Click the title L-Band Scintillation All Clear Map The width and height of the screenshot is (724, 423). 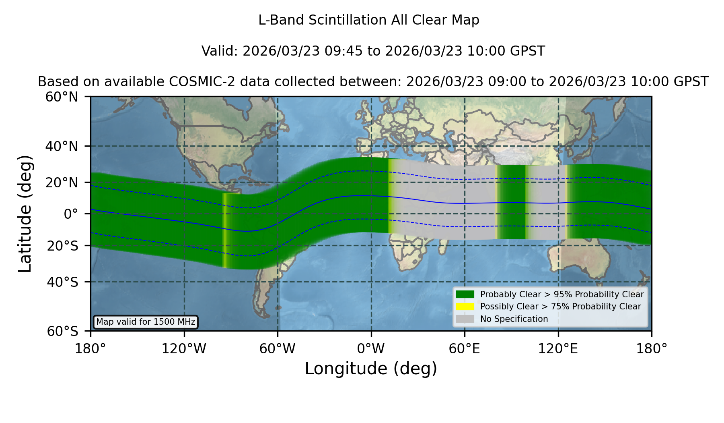pyautogui.click(x=369, y=20)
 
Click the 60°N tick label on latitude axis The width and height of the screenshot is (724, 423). pyautogui.click(x=62, y=97)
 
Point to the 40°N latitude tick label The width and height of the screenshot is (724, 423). pyautogui.click(x=62, y=146)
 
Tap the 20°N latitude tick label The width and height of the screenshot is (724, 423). pyautogui.click(x=62, y=182)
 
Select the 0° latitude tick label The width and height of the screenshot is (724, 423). pyautogui.click(x=71, y=214)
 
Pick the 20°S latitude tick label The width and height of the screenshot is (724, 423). pyautogui.click(x=63, y=246)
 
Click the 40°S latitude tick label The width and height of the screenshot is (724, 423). pyautogui.click(x=63, y=282)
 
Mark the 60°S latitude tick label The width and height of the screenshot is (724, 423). pyautogui.click(x=63, y=331)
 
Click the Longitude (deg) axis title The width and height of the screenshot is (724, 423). pyautogui.click(x=371, y=369)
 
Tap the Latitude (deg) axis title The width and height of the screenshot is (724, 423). pyautogui.click(x=25, y=214)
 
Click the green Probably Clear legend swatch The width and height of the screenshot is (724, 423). pyautogui.click(x=465, y=294)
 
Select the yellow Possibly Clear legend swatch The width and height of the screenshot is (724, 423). pyautogui.click(x=465, y=307)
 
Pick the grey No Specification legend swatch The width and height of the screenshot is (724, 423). pyautogui.click(x=465, y=319)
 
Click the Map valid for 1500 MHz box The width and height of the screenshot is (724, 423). pyautogui.click(x=146, y=322)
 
